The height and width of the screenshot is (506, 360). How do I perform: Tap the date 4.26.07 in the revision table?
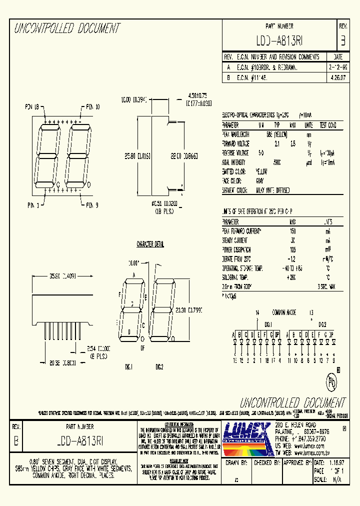point(337,78)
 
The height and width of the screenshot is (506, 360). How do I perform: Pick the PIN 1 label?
point(35,205)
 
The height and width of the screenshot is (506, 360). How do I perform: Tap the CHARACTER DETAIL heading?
point(150,244)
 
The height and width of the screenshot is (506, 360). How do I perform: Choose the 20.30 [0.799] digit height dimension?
point(189,309)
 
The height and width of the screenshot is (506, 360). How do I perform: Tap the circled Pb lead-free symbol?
point(330,382)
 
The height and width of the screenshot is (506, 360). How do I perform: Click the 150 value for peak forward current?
point(292,231)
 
